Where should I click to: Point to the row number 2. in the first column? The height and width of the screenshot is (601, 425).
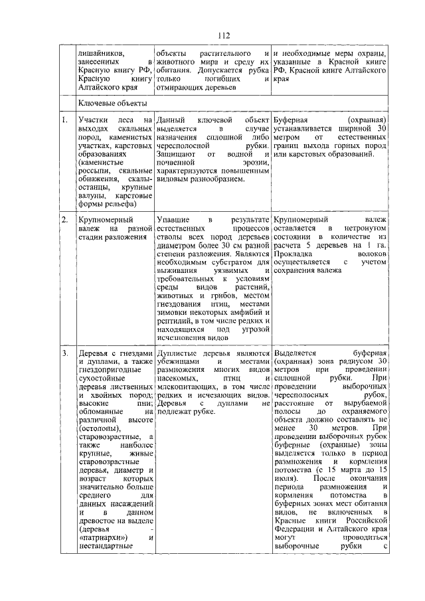click(64, 218)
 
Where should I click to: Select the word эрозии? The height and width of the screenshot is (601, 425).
click(254, 163)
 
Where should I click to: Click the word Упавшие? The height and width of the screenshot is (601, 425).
click(173, 218)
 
